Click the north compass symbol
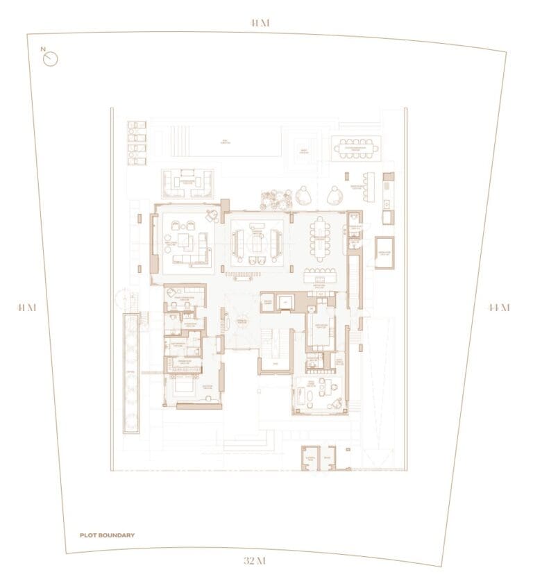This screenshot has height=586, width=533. pyautogui.click(x=50, y=58)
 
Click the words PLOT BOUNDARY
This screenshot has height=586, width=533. pyautogui.click(x=107, y=535)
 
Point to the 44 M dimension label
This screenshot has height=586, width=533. pyautogui.click(x=498, y=308)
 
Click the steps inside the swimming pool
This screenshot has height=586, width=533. pyautogui.click(x=177, y=142)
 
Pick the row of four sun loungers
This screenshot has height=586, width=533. pyautogui.click(x=137, y=143)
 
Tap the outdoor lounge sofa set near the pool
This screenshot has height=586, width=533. pyautogui.click(x=187, y=183)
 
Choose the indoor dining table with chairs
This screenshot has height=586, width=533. pyautogui.click(x=320, y=238)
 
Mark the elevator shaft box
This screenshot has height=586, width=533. pyautogui.click(x=285, y=302)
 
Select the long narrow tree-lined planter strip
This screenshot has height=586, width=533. pyautogui.click(x=130, y=373)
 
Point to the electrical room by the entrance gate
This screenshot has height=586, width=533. pyautogui.click(x=310, y=458)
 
